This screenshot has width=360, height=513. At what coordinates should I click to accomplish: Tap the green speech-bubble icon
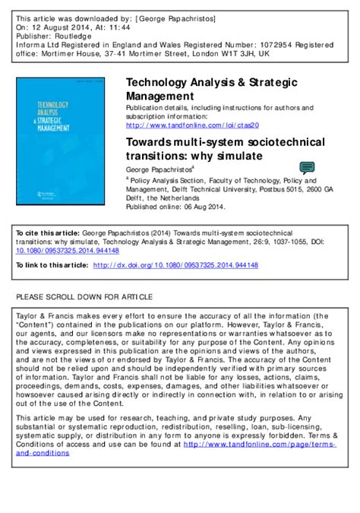(307, 168)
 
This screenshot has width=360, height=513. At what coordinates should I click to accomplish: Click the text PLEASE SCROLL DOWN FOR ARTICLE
(84, 294)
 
